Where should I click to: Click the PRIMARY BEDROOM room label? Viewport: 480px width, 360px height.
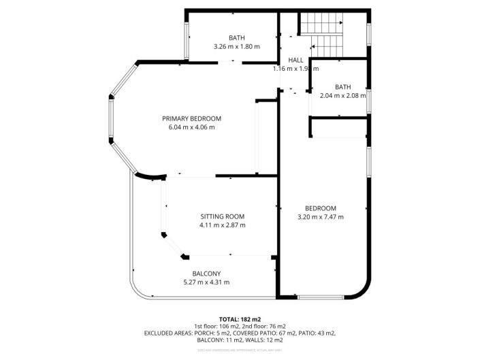[x=191, y=118]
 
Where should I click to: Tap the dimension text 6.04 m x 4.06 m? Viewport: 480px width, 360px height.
[x=191, y=127]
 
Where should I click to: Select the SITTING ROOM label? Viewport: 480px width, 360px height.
[x=222, y=216]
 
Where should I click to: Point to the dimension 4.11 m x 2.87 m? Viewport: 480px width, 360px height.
[x=222, y=225]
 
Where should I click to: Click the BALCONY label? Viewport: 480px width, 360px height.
[x=206, y=274]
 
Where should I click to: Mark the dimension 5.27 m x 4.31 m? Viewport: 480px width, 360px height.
[x=206, y=282]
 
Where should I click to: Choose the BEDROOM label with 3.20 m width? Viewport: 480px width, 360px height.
[x=320, y=208]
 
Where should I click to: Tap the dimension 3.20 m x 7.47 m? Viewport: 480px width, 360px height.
[x=320, y=217]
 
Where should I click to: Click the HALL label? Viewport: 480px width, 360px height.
[x=295, y=60]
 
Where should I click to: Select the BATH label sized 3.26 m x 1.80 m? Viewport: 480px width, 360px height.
[x=236, y=38]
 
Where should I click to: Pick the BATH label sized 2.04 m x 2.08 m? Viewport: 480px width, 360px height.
[x=342, y=86]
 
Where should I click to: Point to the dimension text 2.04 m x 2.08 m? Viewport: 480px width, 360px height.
[x=342, y=95]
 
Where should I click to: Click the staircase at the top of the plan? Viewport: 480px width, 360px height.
[x=323, y=35]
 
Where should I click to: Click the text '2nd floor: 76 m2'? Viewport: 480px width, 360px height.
[x=266, y=326]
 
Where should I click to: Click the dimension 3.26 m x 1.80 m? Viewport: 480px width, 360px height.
[x=236, y=47]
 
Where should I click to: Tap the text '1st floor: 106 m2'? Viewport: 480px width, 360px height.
[x=218, y=326]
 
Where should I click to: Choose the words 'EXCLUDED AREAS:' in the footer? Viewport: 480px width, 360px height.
[x=170, y=333]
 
